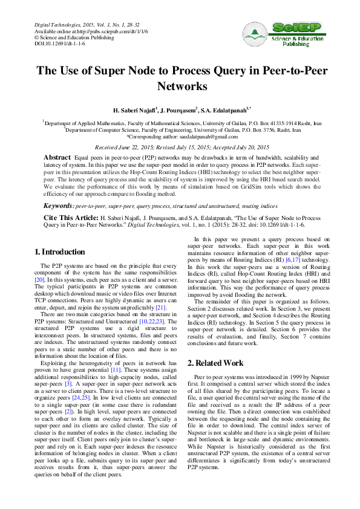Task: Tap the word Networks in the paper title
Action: point(180,86)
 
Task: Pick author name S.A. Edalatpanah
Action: point(221,111)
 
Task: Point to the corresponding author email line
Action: point(180,137)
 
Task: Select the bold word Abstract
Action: point(57,157)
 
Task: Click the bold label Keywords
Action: point(58,206)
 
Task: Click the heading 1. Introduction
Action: point(59,251)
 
